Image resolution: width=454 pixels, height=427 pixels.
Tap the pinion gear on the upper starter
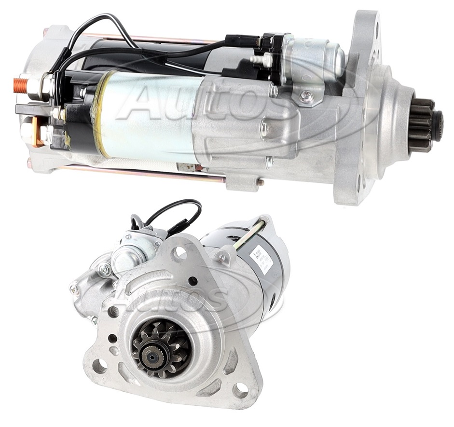[424, 124]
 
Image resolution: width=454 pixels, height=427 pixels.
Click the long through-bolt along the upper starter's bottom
[145, 173]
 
